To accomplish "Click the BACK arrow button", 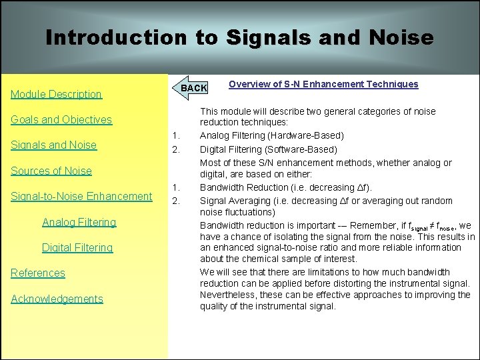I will point(193,87).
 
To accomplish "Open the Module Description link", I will point(56,94).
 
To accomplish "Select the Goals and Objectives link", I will point(61,120).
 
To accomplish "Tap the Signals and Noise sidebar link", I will point(53,145).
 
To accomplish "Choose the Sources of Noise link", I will point(51,171).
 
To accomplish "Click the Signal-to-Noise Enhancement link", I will point(81,196).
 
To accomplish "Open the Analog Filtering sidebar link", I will point(79,222).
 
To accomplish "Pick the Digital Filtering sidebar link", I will point(77,247).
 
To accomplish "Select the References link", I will point(38,273).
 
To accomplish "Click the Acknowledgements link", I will point(57,299).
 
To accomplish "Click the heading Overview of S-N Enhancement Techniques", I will point(323,84).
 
